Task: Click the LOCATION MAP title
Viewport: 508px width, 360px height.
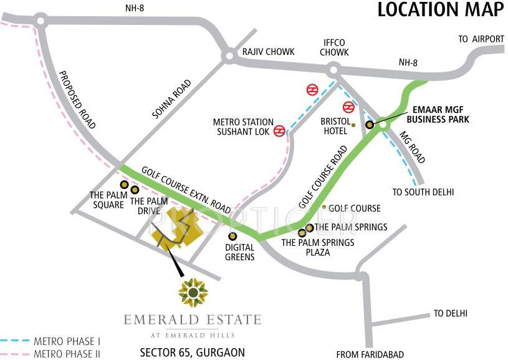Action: coord(440,10)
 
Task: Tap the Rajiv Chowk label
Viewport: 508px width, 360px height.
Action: coord(268,52)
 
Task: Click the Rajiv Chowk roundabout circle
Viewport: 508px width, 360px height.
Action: coord(229,57)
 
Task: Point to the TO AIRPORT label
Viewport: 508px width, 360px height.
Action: coord(481,39)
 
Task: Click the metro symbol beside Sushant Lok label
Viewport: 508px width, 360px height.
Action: coord(279,130)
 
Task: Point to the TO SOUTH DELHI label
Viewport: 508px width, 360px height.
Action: coord(423,192)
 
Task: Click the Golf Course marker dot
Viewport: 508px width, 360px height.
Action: coord(323,207)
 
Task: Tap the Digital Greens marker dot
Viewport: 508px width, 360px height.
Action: coord(232,236)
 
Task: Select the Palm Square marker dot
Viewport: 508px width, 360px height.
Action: coord(124,185)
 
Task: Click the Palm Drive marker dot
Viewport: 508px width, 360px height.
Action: coord(135,189)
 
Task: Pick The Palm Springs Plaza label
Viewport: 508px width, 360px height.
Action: coord(319,247)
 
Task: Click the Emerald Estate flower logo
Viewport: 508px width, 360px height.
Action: coord(193,292)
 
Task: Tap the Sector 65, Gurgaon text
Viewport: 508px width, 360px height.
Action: coord(193,352)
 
